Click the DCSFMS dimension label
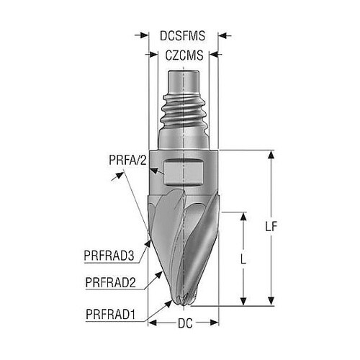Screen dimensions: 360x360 coord(182,36)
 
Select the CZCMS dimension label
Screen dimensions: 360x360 coord(184,55)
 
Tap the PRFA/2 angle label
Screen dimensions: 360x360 coord(127,160)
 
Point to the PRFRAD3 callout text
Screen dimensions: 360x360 coord(109,256)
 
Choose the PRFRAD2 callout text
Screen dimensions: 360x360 coord(110,282)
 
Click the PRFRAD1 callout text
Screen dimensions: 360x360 coord(111,315)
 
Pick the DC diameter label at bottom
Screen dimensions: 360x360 coord(185,323)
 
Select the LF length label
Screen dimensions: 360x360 coord(271,226)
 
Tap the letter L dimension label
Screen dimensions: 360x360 coord(243,259)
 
